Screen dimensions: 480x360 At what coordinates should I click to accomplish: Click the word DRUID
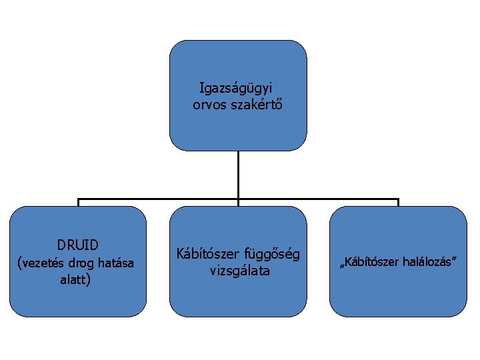[77, 245]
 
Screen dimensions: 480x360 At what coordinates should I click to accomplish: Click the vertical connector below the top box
[238, 175]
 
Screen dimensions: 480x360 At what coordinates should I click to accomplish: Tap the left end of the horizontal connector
[79, 200]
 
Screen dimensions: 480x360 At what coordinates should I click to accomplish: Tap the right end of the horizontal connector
[397, 200]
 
